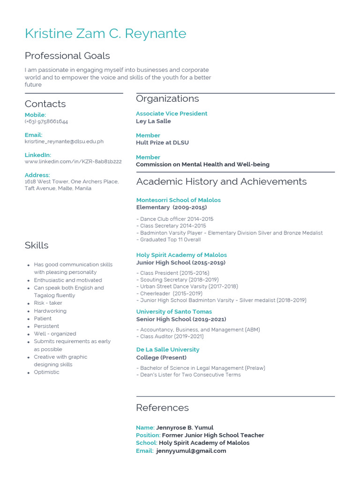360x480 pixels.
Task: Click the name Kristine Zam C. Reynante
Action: (x=105, y=34)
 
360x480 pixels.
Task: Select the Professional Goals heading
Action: (x=67, y=56)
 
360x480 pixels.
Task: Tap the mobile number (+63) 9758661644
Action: (x=46, y=121)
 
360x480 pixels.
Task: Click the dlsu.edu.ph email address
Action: (x=64, y=141)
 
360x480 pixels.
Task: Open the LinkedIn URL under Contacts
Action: (x=73, y=161)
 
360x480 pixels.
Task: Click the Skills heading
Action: (x=37, y=245)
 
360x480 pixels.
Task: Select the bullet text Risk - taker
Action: (x=48, y=303)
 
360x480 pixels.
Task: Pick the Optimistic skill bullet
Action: (x=46, y=372)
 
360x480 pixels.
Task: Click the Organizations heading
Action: (x=167, y=98)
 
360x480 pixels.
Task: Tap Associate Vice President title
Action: (x=172, y=113)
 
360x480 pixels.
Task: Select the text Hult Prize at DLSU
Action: (x=162, y=142)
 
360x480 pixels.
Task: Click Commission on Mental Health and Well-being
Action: (x=202, y=165)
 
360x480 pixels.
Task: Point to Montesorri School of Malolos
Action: (x=178, y=200)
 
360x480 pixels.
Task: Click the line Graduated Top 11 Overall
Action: (x=170, y=240)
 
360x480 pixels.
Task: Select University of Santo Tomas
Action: (x=174, y=312)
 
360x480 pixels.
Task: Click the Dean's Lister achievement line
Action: (x=190, y=375)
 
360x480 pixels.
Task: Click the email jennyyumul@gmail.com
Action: (x=191, y=451)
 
